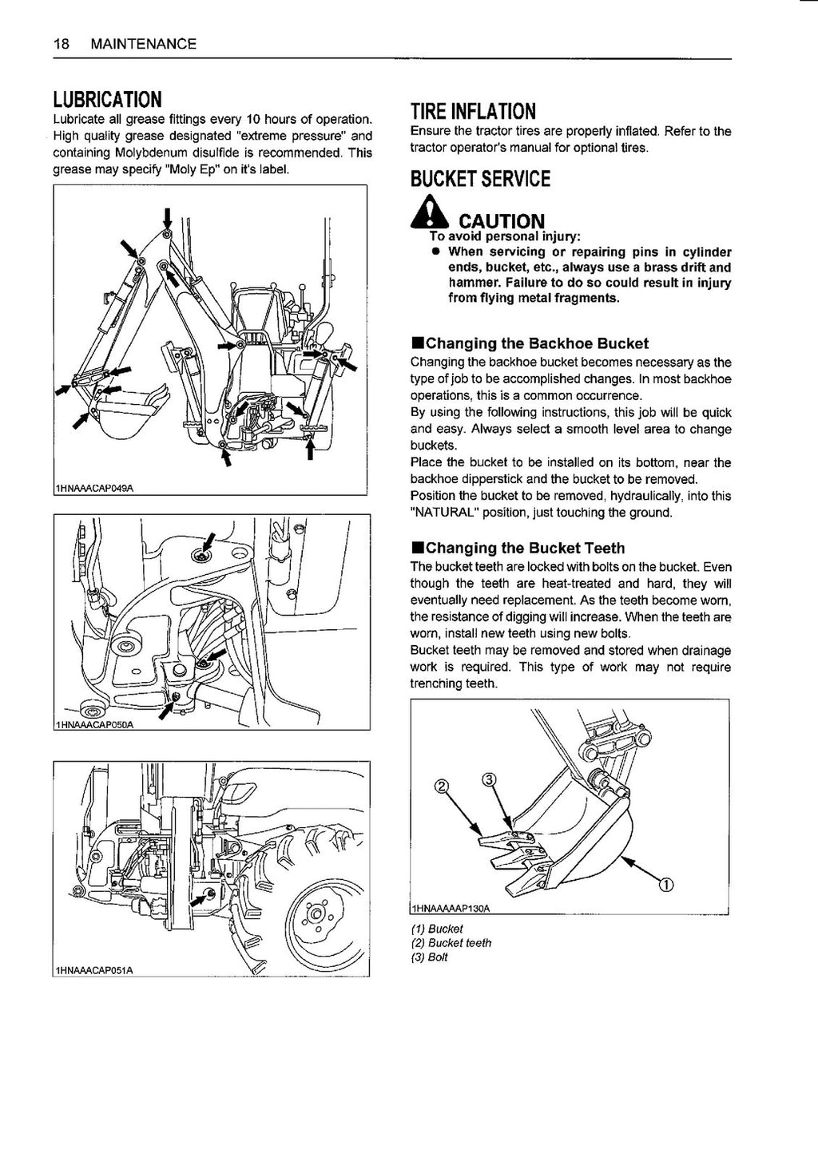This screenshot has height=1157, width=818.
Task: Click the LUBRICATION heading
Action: pyautogui.click(x=107, y=100)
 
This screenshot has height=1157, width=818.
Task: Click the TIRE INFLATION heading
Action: pyautogui.click(x=473, y=110)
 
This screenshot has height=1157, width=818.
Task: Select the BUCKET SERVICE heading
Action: pyautogui.click(x=480, y=179)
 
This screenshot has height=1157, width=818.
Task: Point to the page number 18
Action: pyautogui.click(x=60, y=44)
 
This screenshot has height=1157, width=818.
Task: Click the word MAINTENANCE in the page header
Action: pyautogui.click(x=144, y=44)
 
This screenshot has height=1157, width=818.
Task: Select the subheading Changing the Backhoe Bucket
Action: pyautogui.click(x=530, y=344)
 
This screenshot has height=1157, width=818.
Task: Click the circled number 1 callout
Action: pyautogui.click(x=665, y=883)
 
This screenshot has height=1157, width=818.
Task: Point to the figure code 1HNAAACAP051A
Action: pyautogui.click(x=94, y=970)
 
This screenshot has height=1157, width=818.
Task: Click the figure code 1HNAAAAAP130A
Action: pyautogui.click(x=450, y=909)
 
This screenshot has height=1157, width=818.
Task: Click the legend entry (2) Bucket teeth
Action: pyautogui.click(x=451, y=943)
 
